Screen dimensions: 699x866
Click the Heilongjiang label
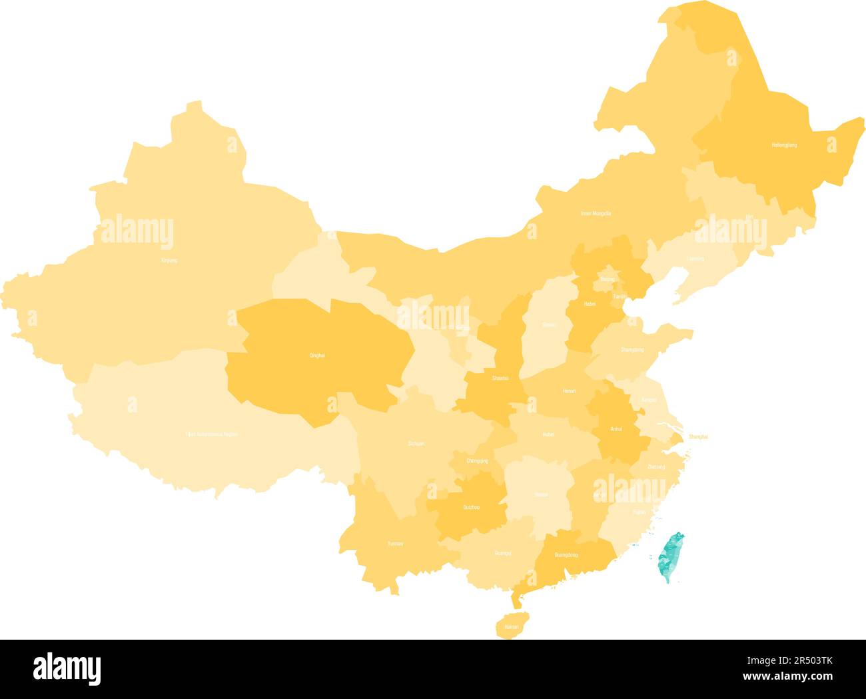pyautogui.click(x=784, y=145)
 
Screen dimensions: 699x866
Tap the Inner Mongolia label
pyautogui.click(x=596, y=214)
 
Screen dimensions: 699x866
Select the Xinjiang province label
pyautogui.click(x=169, y=261)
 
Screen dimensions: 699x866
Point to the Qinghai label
pyautogui.click(x=317, y=355)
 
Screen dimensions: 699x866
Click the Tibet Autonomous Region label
pyautogui.click(x=211, y=434)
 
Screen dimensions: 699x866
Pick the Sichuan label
pyautogui.click(x=416, y=443)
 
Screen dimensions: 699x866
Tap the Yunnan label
pyautogui.click(x=395, y=544)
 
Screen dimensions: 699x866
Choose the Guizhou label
pyautogui.click(x=471, y=508)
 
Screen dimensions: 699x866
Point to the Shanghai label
pyautogui.click(x=698, y=436)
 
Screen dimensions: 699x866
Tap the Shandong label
pyautogui.click(x=632, y=349)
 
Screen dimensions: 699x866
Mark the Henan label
pyautogui.click(x=569, y=391)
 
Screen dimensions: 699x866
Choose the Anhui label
pyautogui.click(x=616, y=429)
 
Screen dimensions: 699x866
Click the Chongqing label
pyautogui.click(x=478, y=460)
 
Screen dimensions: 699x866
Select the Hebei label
pyautogui.click(x=590, y=304)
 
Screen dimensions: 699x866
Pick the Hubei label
pyautogui.click(x=548, y=434)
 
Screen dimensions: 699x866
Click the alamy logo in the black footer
pyautogui.click(x=67, y=668)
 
